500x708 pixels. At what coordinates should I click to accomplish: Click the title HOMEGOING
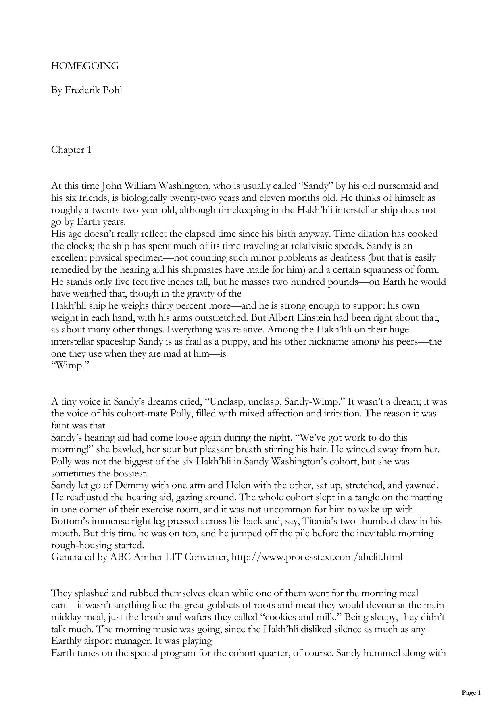[85, 66]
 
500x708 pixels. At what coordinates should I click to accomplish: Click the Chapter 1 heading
[71, 150]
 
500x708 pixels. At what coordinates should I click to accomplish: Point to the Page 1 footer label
[471, 693]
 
